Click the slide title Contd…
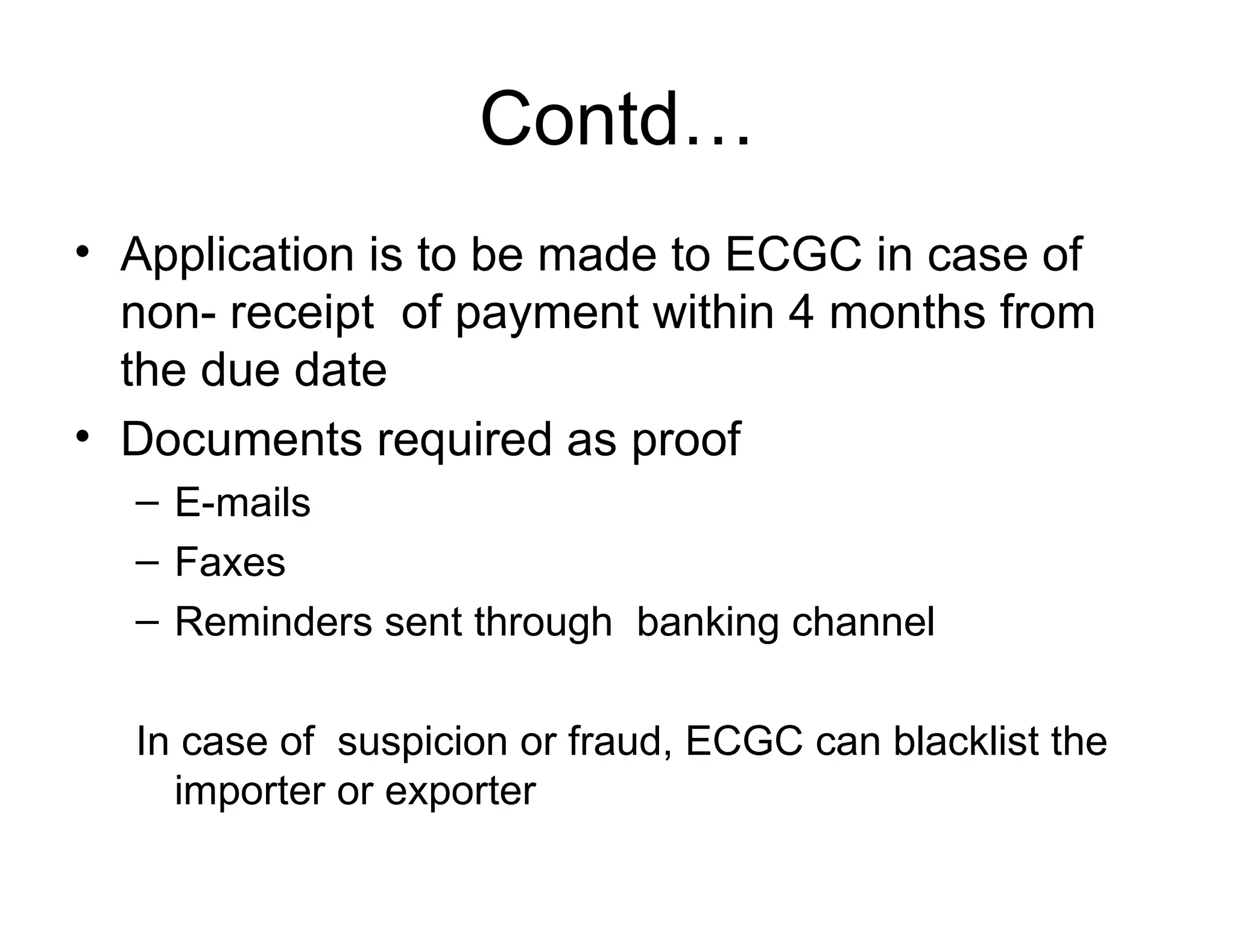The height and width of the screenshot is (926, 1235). coord(616,119)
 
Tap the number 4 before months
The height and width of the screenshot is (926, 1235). coord(801,312)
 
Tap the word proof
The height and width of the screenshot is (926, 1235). coord(686,440)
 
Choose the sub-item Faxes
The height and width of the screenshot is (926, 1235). coord(230,562)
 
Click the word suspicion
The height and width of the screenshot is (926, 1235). coord(422,742)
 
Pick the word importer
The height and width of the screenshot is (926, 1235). coord(250,791)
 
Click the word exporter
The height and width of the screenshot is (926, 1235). coord(460,791)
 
